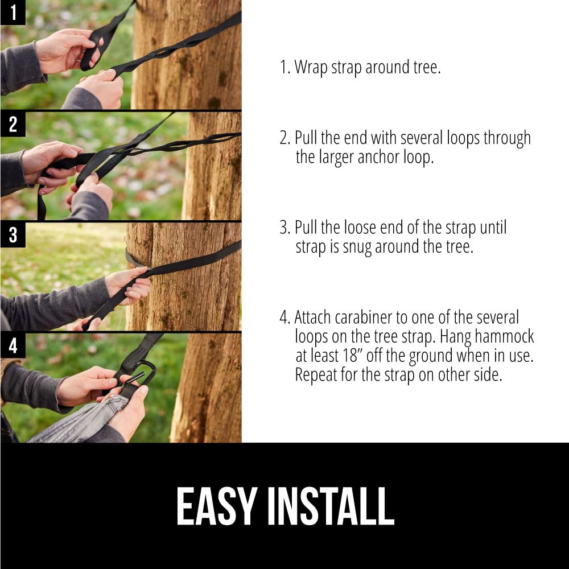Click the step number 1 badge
(x=13, y=12)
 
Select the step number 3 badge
(x=13, y=234)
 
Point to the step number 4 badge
(x=13, y=345)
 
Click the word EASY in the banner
(x=215, y=506)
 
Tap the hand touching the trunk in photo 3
(x=130, y=284)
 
